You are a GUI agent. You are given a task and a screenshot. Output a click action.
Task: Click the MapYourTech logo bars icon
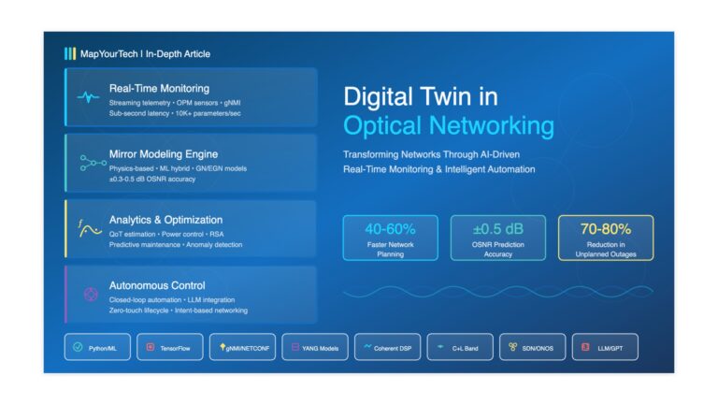pyautogui.click(x=69, y=53)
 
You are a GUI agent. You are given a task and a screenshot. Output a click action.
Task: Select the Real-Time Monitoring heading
pyautogui.click(x=159, y=88)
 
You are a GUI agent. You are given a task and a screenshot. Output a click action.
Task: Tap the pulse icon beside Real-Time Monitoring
pyautogui.click(x=88, y=96)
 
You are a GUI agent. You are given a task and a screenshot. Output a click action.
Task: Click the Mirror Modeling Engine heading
pyautogui.click(x=165, y=153)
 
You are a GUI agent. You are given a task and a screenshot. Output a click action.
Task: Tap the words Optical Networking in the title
pyautogui.click(x=449, y=126)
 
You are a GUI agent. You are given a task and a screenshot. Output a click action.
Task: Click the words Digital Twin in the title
pyautogui.click(x=421, y=96)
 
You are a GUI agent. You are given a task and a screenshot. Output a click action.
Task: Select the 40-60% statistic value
pyautogui.click(x=390, y=228)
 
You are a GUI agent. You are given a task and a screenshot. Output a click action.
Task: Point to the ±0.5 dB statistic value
pyautogui.click(x=497, y=228)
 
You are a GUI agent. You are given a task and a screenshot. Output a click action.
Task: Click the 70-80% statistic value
pyautogui.click(x=605, y=228)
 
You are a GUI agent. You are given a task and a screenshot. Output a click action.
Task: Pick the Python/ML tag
pyautogui.click(x=97, y=347)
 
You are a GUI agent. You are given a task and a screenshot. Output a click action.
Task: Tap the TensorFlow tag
pyautogui.click(x=169, y=347)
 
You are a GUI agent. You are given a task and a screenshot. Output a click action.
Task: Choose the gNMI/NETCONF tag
pyautogui.click(x=242, y=347)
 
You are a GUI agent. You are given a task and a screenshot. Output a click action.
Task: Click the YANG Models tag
pyautogui.click(x=315, y=347)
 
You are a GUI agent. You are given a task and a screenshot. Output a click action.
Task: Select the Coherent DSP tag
pyautogui.click(x=387, y=347)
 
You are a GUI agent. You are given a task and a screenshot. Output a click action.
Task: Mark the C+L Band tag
pyautogui.click(x=459, y=347)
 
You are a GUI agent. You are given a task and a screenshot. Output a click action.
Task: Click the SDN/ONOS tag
pyautogui.click(x=532, y=347)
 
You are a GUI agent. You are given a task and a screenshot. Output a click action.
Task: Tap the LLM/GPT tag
pyautogui.click(x=604, y=347)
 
